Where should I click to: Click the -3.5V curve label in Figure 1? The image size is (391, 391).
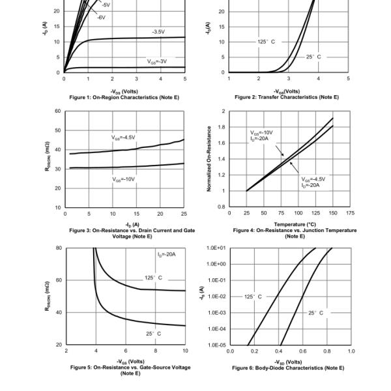click(158, 31)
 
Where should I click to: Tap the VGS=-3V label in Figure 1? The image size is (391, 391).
click(157, 61)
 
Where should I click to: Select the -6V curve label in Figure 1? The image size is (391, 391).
click(102, 17)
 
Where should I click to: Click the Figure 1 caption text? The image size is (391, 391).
click(124, 97)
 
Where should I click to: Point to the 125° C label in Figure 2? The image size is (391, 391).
click(266, 41)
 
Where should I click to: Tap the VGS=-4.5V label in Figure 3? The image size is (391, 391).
click(123, 138)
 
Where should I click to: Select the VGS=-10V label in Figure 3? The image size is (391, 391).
click(123, 179)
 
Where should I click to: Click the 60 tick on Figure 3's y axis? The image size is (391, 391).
click(58, 111)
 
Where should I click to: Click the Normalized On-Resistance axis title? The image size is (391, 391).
click(209, 159)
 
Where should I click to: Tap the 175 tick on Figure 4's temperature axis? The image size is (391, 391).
click(351, 213)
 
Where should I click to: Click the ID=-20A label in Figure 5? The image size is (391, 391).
click(167, 254)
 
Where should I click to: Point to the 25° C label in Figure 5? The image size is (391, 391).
click(154, 333)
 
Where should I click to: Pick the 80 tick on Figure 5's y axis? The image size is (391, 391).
click(58, 248)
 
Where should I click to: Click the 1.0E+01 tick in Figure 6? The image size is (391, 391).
click(216, 248)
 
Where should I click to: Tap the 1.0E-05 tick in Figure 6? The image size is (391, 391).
click(216, 345)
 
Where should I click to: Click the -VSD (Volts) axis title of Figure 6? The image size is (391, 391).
click(288, 362)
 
